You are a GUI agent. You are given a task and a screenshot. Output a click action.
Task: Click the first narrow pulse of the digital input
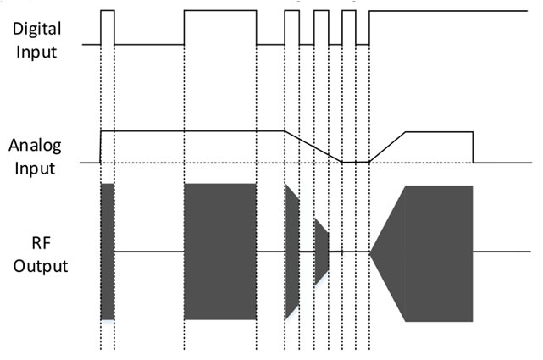[107, 25]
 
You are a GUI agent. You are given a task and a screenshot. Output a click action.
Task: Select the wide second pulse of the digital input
[219, 25]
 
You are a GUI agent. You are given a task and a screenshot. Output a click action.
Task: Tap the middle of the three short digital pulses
[321, 25]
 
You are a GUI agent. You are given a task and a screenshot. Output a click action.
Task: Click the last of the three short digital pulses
[349, 25]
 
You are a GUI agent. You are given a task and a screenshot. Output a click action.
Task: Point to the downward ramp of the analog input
[313, 146]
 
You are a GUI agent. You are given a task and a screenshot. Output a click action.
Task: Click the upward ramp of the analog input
[388, 146]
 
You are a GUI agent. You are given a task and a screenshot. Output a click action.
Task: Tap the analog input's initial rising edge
[101, 146]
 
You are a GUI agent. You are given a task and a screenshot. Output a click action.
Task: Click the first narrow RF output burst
[107, 252]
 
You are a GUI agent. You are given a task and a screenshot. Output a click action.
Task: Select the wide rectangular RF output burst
[219, 252]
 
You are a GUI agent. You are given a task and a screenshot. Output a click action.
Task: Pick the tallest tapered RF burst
[291, 252]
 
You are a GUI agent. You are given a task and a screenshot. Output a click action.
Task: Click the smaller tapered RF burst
[321, 252]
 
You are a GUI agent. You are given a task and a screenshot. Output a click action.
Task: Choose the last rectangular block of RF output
[439, 252]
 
